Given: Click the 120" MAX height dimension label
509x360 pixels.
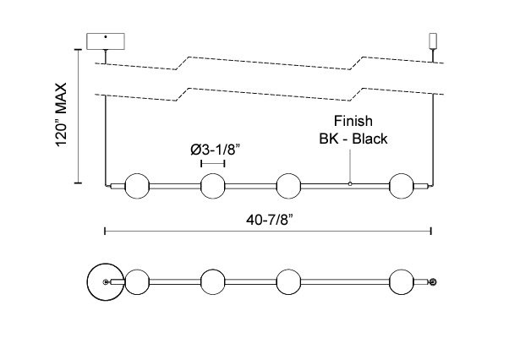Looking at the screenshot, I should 61,116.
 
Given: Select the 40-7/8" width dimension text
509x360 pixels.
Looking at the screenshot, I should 270,218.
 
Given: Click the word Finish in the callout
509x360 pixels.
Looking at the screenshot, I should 352,121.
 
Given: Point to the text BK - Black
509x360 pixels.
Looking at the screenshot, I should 352,139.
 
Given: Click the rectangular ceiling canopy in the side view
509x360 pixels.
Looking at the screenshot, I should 106,41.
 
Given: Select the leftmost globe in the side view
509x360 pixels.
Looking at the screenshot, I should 137,185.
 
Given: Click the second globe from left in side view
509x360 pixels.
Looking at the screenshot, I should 213,185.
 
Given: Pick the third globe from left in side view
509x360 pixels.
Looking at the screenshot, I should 289,185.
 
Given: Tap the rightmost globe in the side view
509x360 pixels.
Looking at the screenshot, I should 402,185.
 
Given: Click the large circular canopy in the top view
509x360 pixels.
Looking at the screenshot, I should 106,281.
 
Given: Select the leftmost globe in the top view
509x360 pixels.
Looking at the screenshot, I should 137,281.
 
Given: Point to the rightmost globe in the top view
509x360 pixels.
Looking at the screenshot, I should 402,281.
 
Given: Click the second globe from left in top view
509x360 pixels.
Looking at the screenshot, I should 213,281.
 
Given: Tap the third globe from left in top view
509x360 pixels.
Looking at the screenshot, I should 289,281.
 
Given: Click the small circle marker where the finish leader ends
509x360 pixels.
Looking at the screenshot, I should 350,183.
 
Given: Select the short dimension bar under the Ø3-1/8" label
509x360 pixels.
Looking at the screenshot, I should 213,162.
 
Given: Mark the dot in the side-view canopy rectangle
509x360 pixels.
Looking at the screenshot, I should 105,37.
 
